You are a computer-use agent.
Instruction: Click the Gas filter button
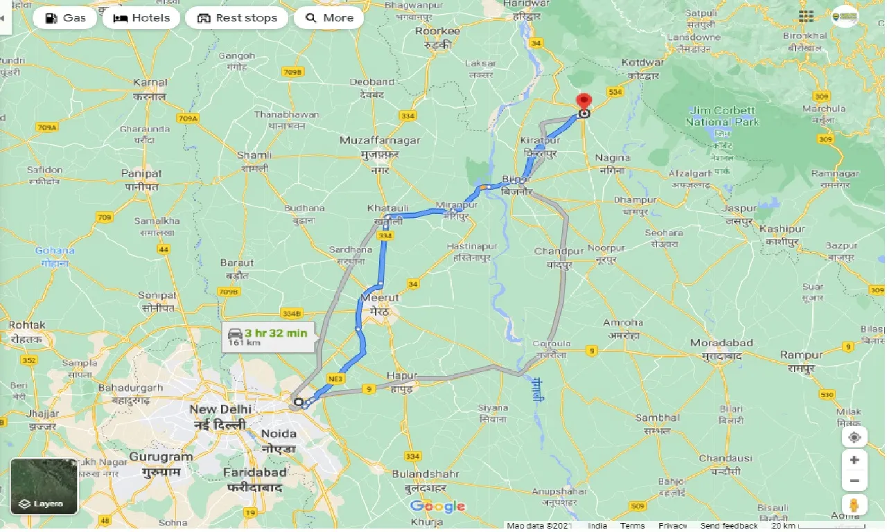point(65,18)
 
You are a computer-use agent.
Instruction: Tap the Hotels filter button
point(142,18)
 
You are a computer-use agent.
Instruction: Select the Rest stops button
point(237,18)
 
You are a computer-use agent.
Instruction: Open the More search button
point(329,18)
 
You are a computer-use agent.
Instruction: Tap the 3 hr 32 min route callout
point(268,337)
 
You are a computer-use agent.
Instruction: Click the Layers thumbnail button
point(44,486)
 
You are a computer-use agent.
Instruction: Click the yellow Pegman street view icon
point(854,504)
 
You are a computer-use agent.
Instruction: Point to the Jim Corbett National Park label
point(722,116)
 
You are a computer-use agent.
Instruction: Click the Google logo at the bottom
point(437,506)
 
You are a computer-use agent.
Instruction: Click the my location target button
point(854,437)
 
